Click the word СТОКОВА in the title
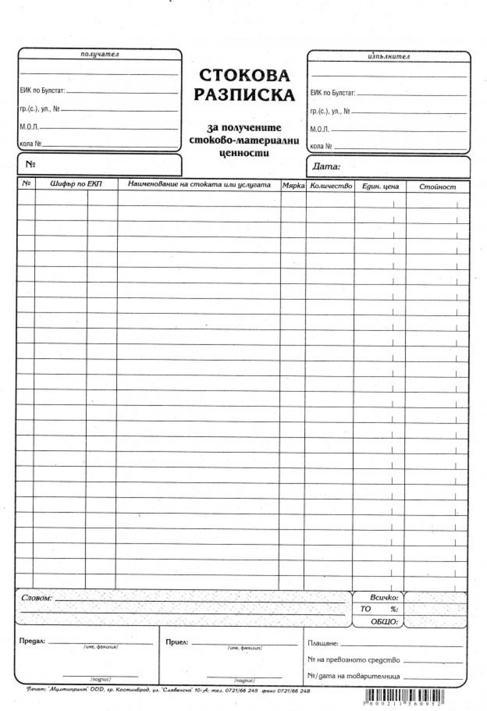[244, 75]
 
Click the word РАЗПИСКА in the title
[244, 95]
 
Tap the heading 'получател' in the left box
[100, 54]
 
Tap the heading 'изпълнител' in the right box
[389, 57]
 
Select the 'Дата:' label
[326, 166]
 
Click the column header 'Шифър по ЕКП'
[76, 184]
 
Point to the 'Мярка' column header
[293, 186]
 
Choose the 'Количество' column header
[331, 186]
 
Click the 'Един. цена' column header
[380, 186]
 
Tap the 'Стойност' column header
[437, 187]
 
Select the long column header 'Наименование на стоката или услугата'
[199, 184]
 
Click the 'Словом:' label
[37, 597]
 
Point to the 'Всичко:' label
[384, 597]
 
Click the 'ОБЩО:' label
[384, 621]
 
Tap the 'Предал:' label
[32, 641]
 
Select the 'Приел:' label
[177, 642]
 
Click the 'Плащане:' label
[322, 643]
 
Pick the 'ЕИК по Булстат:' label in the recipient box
[42, 91]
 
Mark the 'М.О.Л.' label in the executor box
[319, 130]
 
